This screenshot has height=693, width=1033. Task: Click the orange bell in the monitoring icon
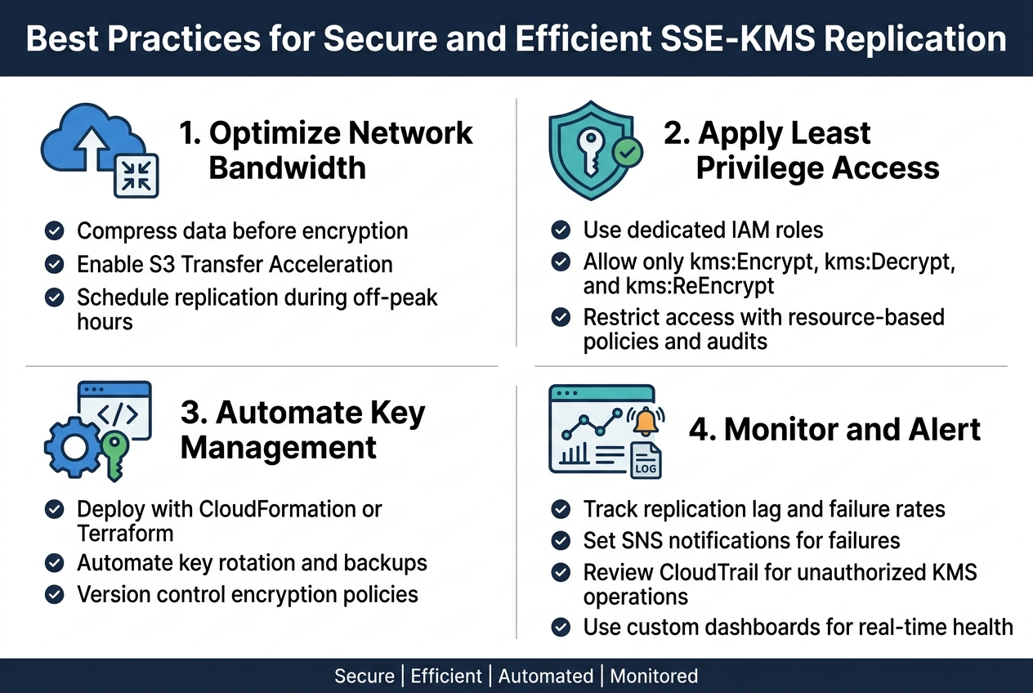(646, 422)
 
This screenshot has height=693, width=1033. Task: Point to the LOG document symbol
(646, 463)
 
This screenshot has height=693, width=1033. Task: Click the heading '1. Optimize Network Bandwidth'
(325, 150)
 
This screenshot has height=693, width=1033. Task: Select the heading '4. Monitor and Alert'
(834, 429)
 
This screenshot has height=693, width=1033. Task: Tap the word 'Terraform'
(125, 534)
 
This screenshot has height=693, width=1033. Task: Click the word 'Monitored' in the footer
(654, 676)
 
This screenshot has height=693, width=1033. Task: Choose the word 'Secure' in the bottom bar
(364, 676)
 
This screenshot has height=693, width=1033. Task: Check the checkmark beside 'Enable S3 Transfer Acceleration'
(55, 265)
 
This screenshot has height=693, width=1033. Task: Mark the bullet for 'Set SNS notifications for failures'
(561, 540)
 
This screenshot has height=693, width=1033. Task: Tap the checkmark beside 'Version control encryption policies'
(55, 594)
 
